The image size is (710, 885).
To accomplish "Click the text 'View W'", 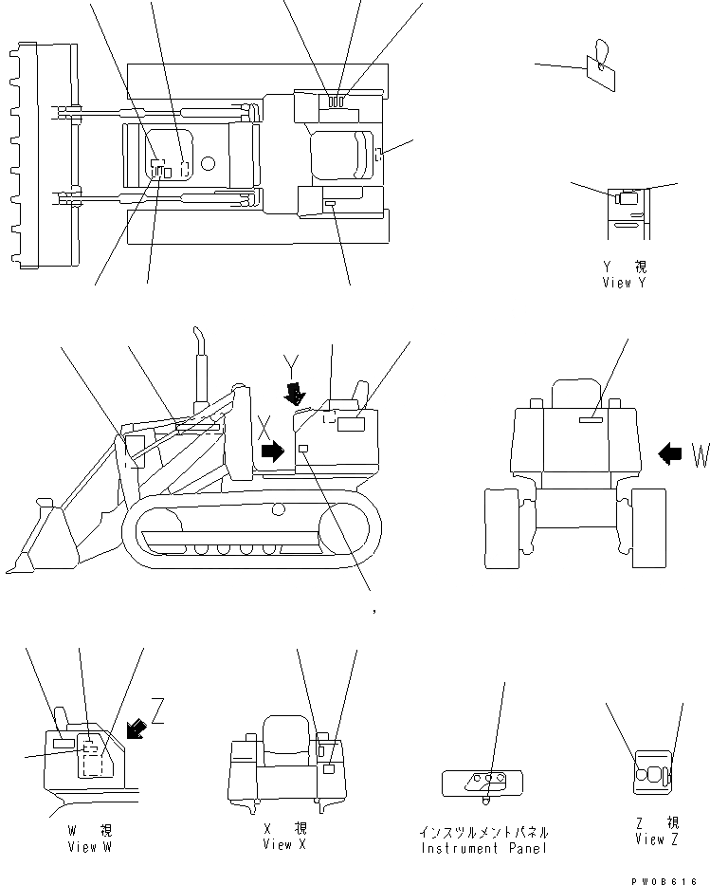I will pyautogui.click(x=89, y=847).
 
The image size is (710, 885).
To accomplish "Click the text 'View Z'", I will pyautogui.click(x=657, y=839).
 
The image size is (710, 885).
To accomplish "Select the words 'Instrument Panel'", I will pyautogui.click(x=483, y=847).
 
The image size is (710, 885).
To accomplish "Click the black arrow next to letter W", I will pyautogui.click(x=669, y=454).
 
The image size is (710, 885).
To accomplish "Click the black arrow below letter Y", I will pyautogui.click(x=297, y=393).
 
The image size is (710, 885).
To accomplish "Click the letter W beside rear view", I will pyautogui.click(x=699, y=455).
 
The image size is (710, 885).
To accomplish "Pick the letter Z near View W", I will pyautogui.click(x=157, y=710).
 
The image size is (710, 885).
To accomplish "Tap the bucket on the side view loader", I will pyautogui.click(x=35, y=544).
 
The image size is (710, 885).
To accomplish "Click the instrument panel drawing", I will pyautogui.click(x=482, y=782).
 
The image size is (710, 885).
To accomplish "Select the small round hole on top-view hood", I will pyautogui.click(x=208, y=164).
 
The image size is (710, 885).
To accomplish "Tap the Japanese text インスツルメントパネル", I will pyautogui.click(x=483, y=832).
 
